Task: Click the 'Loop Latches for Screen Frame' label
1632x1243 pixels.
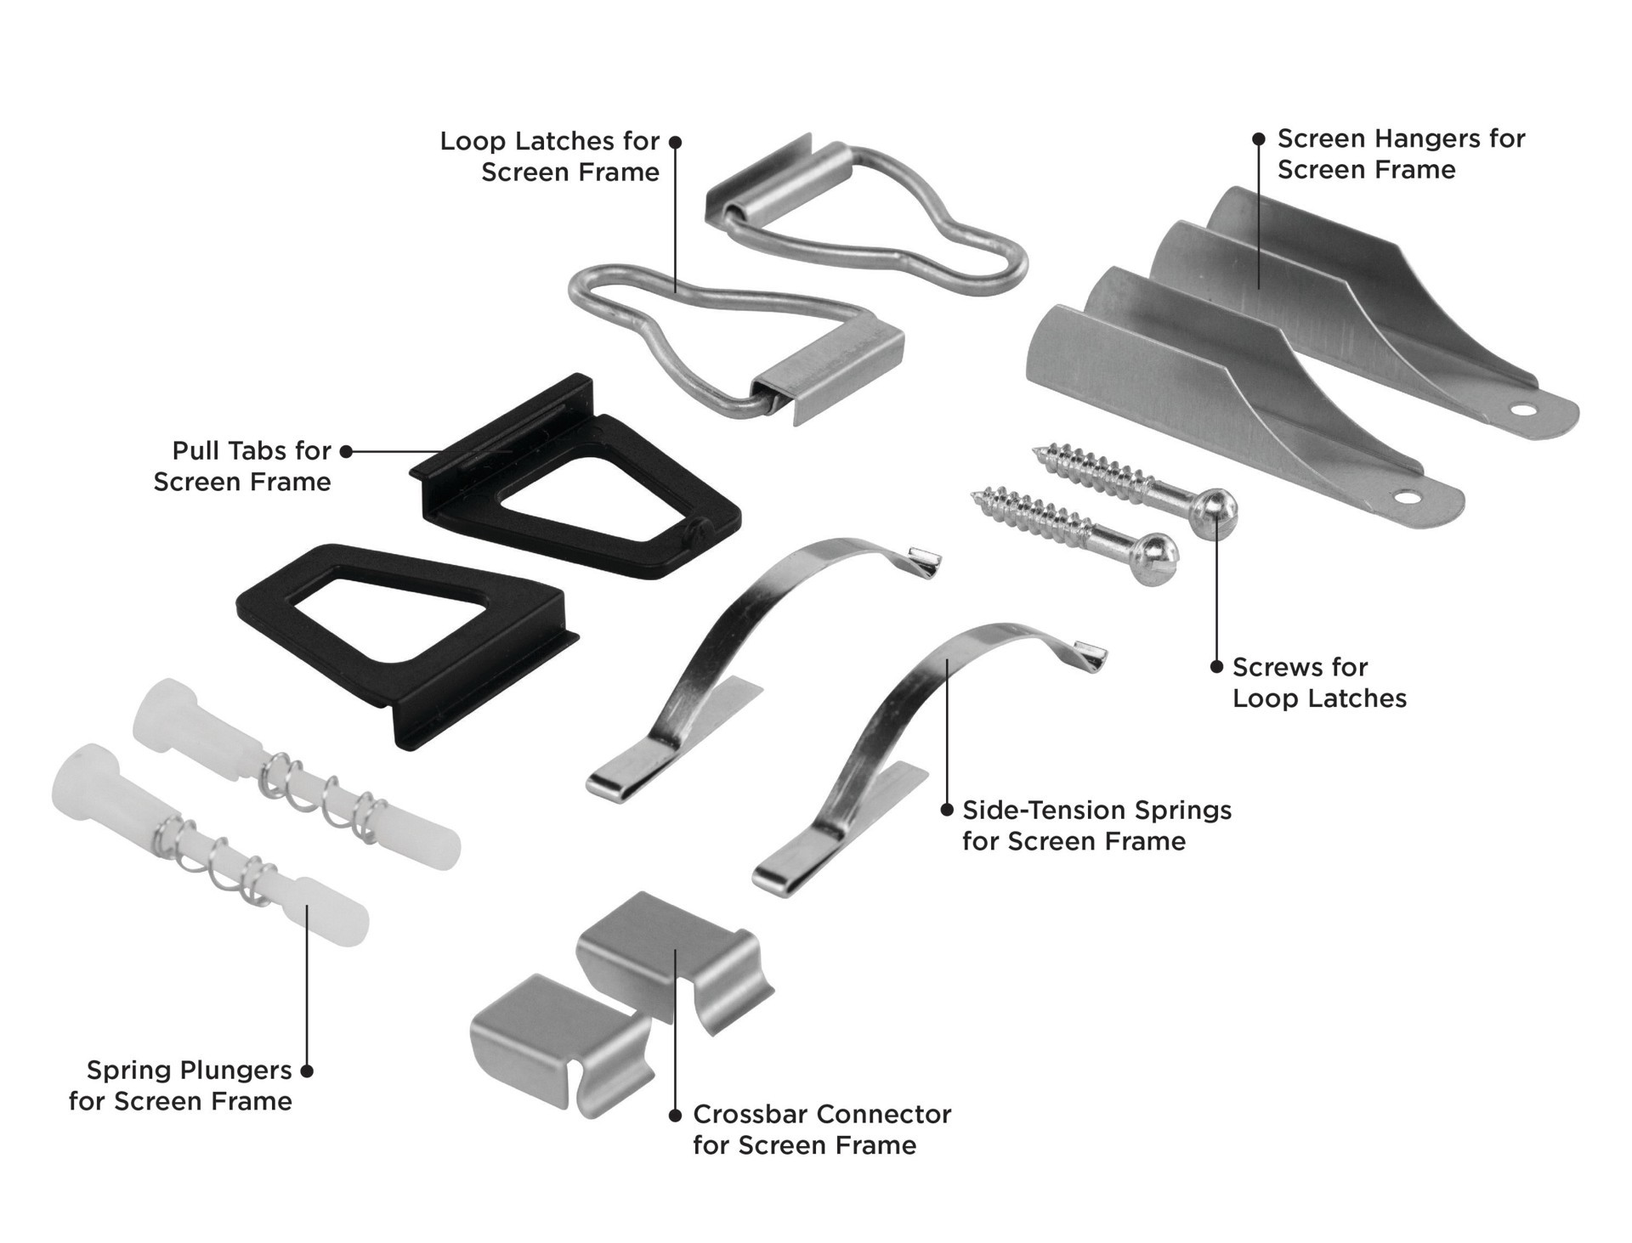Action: [x=550, y=156]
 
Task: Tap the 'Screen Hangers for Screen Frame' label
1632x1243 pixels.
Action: [x=1401, y=154]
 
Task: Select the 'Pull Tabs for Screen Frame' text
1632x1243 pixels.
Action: [x=243, y=466]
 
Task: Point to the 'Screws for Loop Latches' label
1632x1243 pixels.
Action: [x=1319, y=682]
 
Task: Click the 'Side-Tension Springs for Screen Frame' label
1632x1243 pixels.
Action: [x=1096, y=825]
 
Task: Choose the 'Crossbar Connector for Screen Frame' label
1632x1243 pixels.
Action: [x=821, y=1129]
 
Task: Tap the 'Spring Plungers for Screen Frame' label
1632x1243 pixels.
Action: [x=180, y=1085]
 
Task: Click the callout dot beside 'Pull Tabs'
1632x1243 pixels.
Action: [x=346, y=451]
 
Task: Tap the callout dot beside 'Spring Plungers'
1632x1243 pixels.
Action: [x=307, y=1071]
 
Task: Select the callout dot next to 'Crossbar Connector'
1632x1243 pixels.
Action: [x=675, y=1115]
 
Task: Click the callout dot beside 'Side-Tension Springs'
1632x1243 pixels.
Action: [x=947, y=811]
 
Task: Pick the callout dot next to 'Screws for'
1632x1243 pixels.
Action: [x=1216, y=667]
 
